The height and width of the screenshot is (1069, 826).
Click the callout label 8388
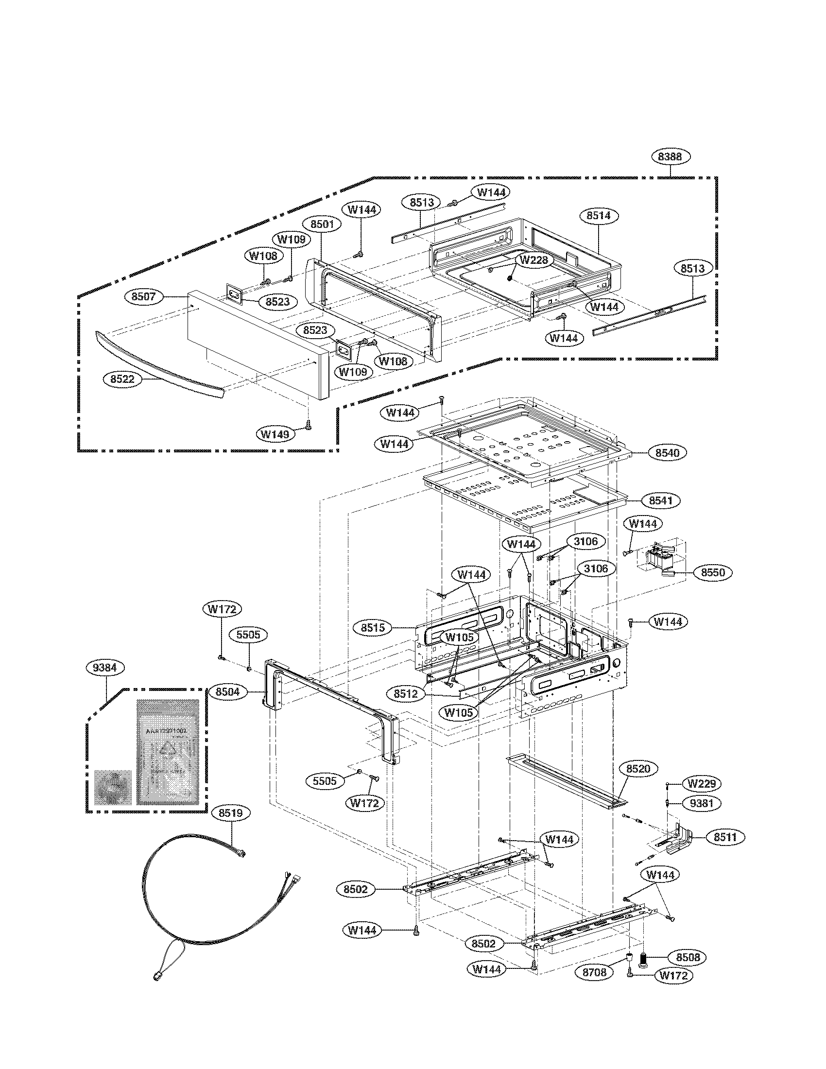pyautogui.click(x=671, y=156)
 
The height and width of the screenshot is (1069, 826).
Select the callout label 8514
pyautogui.click(x=602, y=215)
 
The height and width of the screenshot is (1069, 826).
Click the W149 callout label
pyautogui.click(x=274, y=433)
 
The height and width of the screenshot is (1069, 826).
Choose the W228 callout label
pyautogui.click(x=534, y=260)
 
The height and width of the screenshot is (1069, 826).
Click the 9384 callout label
pyautogui.click(x=105, y=668)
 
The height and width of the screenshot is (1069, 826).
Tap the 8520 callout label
pyautogui.click(x=638, y=769)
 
